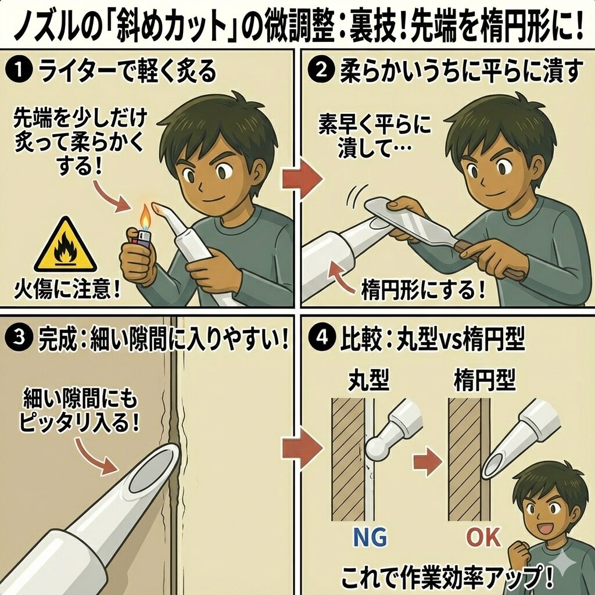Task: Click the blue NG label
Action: click(x=370, y=537)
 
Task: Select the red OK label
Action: click(x=483, y=537)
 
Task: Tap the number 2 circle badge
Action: click(x=321, y=71)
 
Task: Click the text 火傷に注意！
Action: click(x=67, y=291)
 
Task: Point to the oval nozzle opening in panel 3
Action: click(x=153, y=470)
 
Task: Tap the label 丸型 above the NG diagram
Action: click(x=368, y=380)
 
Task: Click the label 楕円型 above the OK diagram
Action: click(x=485, y=380)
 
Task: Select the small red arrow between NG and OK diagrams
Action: click(x=428, y=461)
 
